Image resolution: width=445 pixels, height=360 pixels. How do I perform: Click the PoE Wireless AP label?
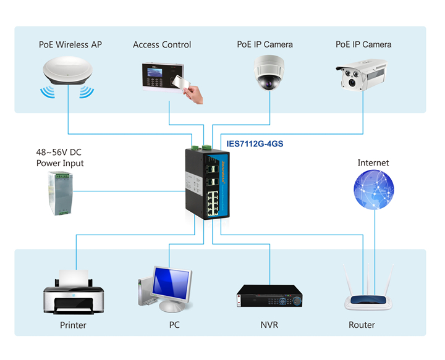pyautogui.click(x=70, y=44)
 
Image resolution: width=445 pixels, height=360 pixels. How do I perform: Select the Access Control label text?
pyautogui.click(x=162, y=44)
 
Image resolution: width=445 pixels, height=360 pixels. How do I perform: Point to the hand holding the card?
pyautogui.click(x=193, y=93)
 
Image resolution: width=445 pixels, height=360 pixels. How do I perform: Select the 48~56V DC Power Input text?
pyautogui.click(x=59, y=157)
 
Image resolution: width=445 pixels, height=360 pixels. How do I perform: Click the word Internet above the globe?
pyautogui.click(x=373, y=163)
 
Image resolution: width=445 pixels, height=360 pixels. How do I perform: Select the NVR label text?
pyautogui.click(x=270, y=325)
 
